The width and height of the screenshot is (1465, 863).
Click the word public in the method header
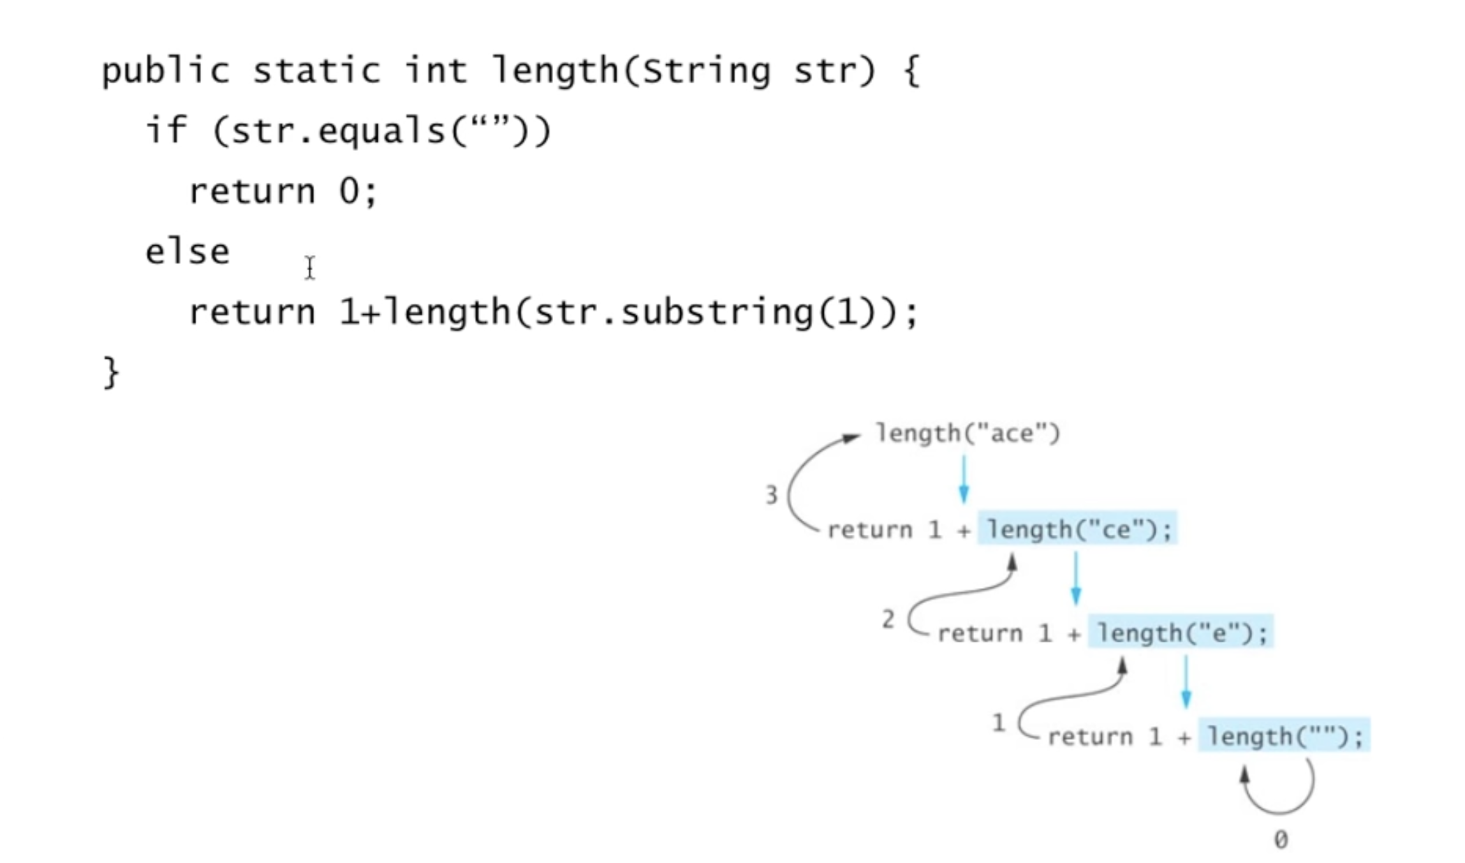coord(165,71)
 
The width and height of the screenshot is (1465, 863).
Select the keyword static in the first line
coord(316,71)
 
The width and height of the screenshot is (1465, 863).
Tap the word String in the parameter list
coord(706,71)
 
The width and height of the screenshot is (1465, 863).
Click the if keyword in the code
coord(166,131)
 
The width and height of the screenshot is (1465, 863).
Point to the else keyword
coord(187,251)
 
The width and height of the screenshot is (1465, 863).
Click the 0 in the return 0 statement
coord(349,191)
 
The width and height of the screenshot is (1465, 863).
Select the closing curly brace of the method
coord(111,371)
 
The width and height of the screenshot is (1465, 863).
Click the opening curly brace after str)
coord(911,71)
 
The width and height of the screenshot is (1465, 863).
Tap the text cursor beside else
coord(309,267)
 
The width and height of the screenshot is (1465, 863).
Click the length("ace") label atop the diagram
coord(968,434)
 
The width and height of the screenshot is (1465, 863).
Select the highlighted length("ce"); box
coord(1077,529)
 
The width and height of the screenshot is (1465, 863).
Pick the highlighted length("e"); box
coord(1181,633)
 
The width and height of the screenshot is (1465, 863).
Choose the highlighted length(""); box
coord(1284,736)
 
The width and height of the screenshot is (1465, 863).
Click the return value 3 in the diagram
coord(771,495)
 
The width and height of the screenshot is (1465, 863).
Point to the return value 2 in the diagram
coord(888,619)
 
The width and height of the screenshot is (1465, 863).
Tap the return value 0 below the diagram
coord(1281,839)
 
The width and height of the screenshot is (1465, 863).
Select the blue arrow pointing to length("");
coord(1186,683)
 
